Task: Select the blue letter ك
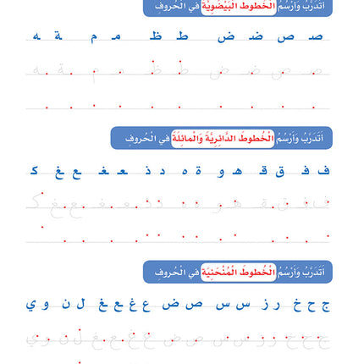click(x=35, y=171)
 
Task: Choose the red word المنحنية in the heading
click(x=223, y=272)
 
